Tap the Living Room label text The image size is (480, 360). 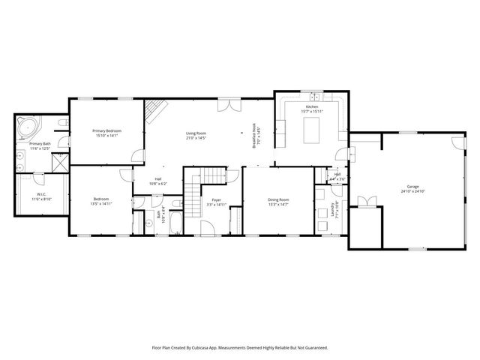[x=196, y=134]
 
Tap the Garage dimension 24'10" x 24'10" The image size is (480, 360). [x=412, y=190]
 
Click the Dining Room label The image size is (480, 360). [x=278, y=199]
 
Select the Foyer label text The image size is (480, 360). [x=216, y=199]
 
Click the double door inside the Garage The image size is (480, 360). [x=365, y=201]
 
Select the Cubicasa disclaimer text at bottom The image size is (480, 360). [x=240, y=347]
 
